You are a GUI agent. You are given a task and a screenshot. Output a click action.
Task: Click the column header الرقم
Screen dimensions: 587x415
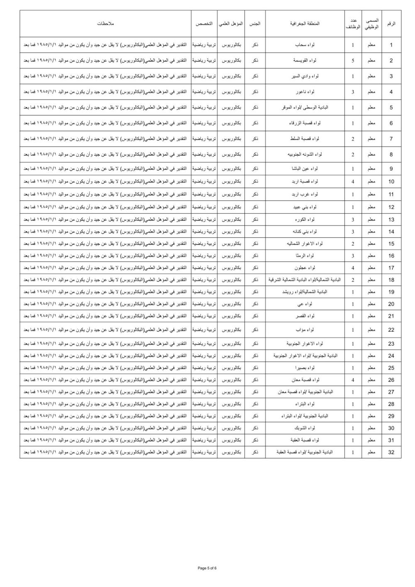(391, 24)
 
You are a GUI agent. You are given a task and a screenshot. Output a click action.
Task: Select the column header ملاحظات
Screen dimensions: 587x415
(105, 24)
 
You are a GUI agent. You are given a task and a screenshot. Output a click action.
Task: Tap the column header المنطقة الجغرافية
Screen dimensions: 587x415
(305, 24)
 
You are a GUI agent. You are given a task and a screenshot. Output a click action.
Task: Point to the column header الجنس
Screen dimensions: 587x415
(255, 24)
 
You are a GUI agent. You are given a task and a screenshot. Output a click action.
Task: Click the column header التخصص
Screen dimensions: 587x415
(204, 24)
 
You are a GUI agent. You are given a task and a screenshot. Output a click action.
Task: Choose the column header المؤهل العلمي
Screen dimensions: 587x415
(231, 24)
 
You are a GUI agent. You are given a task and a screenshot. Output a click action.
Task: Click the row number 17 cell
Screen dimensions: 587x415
(391, 268)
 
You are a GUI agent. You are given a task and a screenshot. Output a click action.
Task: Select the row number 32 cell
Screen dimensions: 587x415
(391, 452)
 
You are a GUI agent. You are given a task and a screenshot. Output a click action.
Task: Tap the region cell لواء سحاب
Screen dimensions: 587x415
(305, 45)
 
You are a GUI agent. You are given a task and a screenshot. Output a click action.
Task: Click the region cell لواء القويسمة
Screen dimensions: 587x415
(305, 61)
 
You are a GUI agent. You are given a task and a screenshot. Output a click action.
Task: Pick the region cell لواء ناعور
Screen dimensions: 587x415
(305, 92)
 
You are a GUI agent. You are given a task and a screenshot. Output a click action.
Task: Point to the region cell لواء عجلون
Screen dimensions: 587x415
(305, 268)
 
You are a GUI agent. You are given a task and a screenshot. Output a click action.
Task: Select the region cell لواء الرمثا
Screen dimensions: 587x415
(305, 256)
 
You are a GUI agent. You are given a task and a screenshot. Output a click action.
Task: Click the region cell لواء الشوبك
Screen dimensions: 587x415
(305, 428)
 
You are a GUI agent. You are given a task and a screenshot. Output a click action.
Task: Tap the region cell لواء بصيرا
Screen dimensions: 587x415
(305, 368)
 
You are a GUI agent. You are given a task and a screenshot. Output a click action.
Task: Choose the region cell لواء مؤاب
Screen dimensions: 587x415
(305, 330)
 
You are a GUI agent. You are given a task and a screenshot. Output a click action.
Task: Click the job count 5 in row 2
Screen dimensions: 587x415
(353, 61)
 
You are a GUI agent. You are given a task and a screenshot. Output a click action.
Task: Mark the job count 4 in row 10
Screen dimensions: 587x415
(353, 181)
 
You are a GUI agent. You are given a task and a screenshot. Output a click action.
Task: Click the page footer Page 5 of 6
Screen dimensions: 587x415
(207, 568)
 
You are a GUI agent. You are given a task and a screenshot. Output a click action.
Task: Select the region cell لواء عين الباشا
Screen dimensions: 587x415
(305, 169)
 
